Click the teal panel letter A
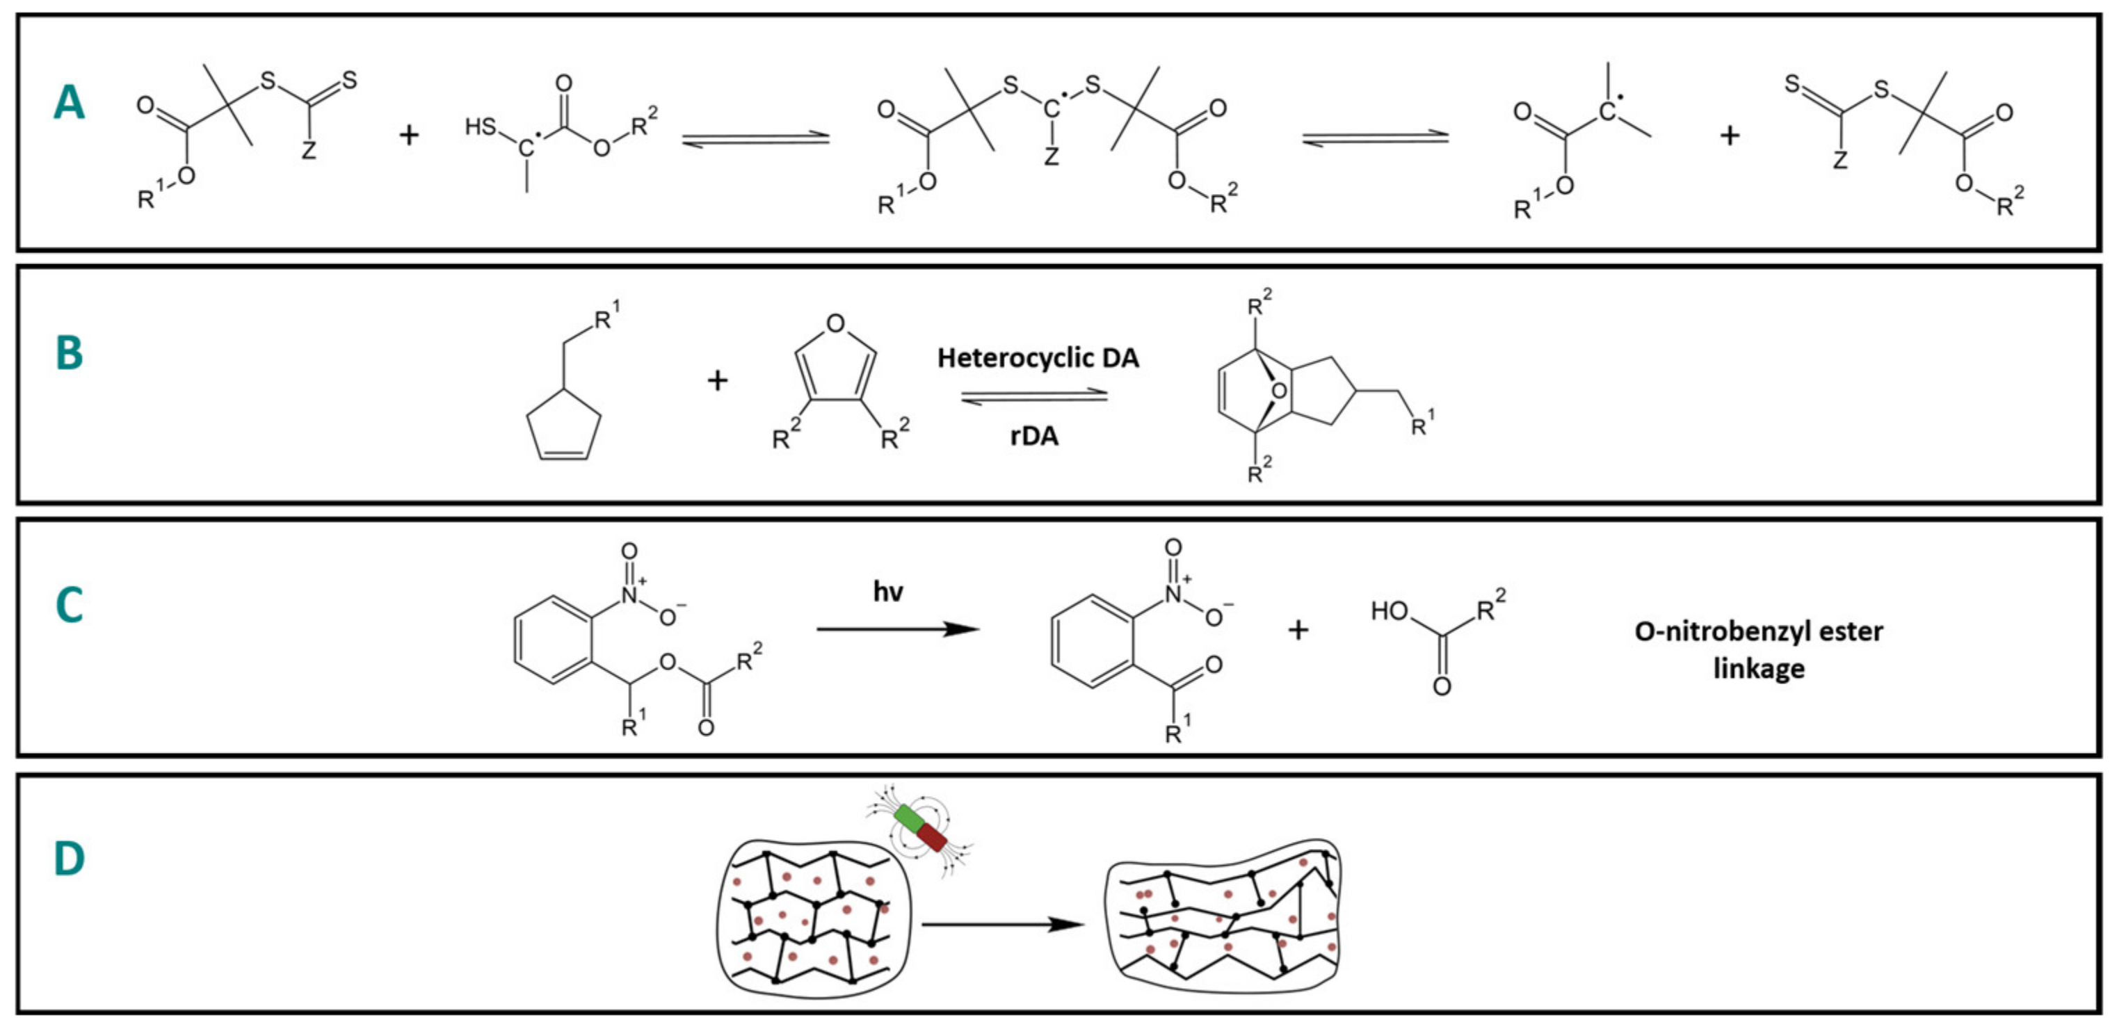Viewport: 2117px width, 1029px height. tap(69, 104)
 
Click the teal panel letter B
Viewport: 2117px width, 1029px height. tap(69, 353)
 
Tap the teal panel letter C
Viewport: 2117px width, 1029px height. tap(69, 606)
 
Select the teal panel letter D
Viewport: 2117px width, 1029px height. tap(69, 859)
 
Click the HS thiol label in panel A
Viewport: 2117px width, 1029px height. tap(481, 127)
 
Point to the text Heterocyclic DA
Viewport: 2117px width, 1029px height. tap(1038, 358)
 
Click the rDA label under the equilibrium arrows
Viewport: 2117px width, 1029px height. tap(1034, 436)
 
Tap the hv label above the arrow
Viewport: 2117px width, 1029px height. tap(887, 592)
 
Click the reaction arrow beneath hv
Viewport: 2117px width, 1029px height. tap(897, 629)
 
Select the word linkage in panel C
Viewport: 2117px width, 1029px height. tap(1759, 668)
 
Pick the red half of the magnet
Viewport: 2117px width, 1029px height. tap(933, 839)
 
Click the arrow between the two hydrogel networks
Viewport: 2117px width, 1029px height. tap(1003, 925)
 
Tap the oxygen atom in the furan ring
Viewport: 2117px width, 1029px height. tap(836, 323)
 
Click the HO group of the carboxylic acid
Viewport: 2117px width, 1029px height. tap(1389, 611)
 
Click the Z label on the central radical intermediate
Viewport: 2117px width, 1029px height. tap(1051, 157)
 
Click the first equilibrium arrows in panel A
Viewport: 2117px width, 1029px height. tap(756, 138)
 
